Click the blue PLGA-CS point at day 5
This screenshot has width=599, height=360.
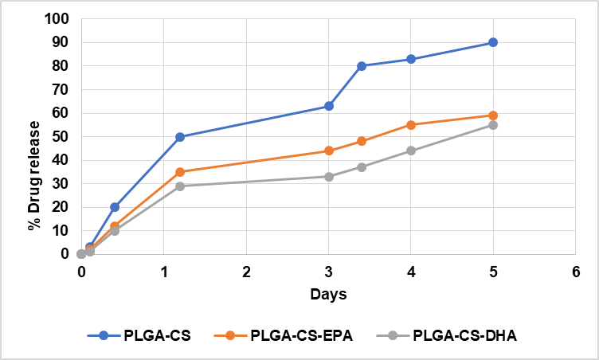tap(493, 42)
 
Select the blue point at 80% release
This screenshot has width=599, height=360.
tap(362, 66)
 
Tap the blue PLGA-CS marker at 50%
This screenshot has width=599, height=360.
tap(180, 136)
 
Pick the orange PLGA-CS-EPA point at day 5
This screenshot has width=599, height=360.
tap(493, 115)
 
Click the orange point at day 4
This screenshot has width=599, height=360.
tap(411, 125)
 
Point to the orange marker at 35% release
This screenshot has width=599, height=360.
tap(180, 171)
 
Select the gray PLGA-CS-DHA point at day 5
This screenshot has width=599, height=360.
tap(493, 125)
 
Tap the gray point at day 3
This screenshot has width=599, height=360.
tap(329, 176)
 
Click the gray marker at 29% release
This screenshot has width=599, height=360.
tap(180, 186)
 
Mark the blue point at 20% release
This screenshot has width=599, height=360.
tap(115, 207)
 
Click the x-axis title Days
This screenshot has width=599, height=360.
tap(328, 295)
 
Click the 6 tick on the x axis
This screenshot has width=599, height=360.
tap(575, 272)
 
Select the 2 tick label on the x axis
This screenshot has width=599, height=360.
tap(246, 272)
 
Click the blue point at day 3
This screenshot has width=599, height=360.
tap(329, 106)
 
